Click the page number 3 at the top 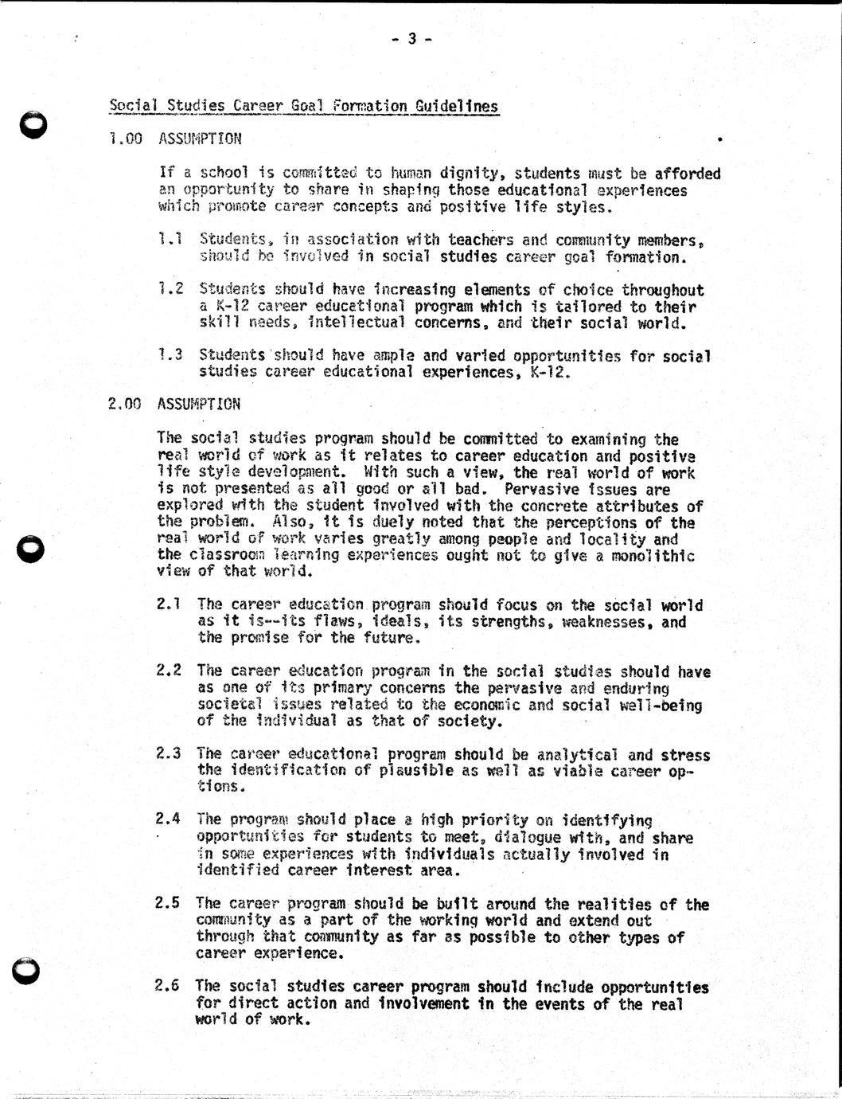(412, 38)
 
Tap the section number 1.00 (126, 139)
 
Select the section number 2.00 (124, 404)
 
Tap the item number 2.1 (168, 605)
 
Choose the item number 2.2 (168, 671)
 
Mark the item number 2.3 (168, 753)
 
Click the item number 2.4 (168, 819)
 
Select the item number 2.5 (168, 903)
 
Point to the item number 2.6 (167, 987)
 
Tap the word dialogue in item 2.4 (528, 837)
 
